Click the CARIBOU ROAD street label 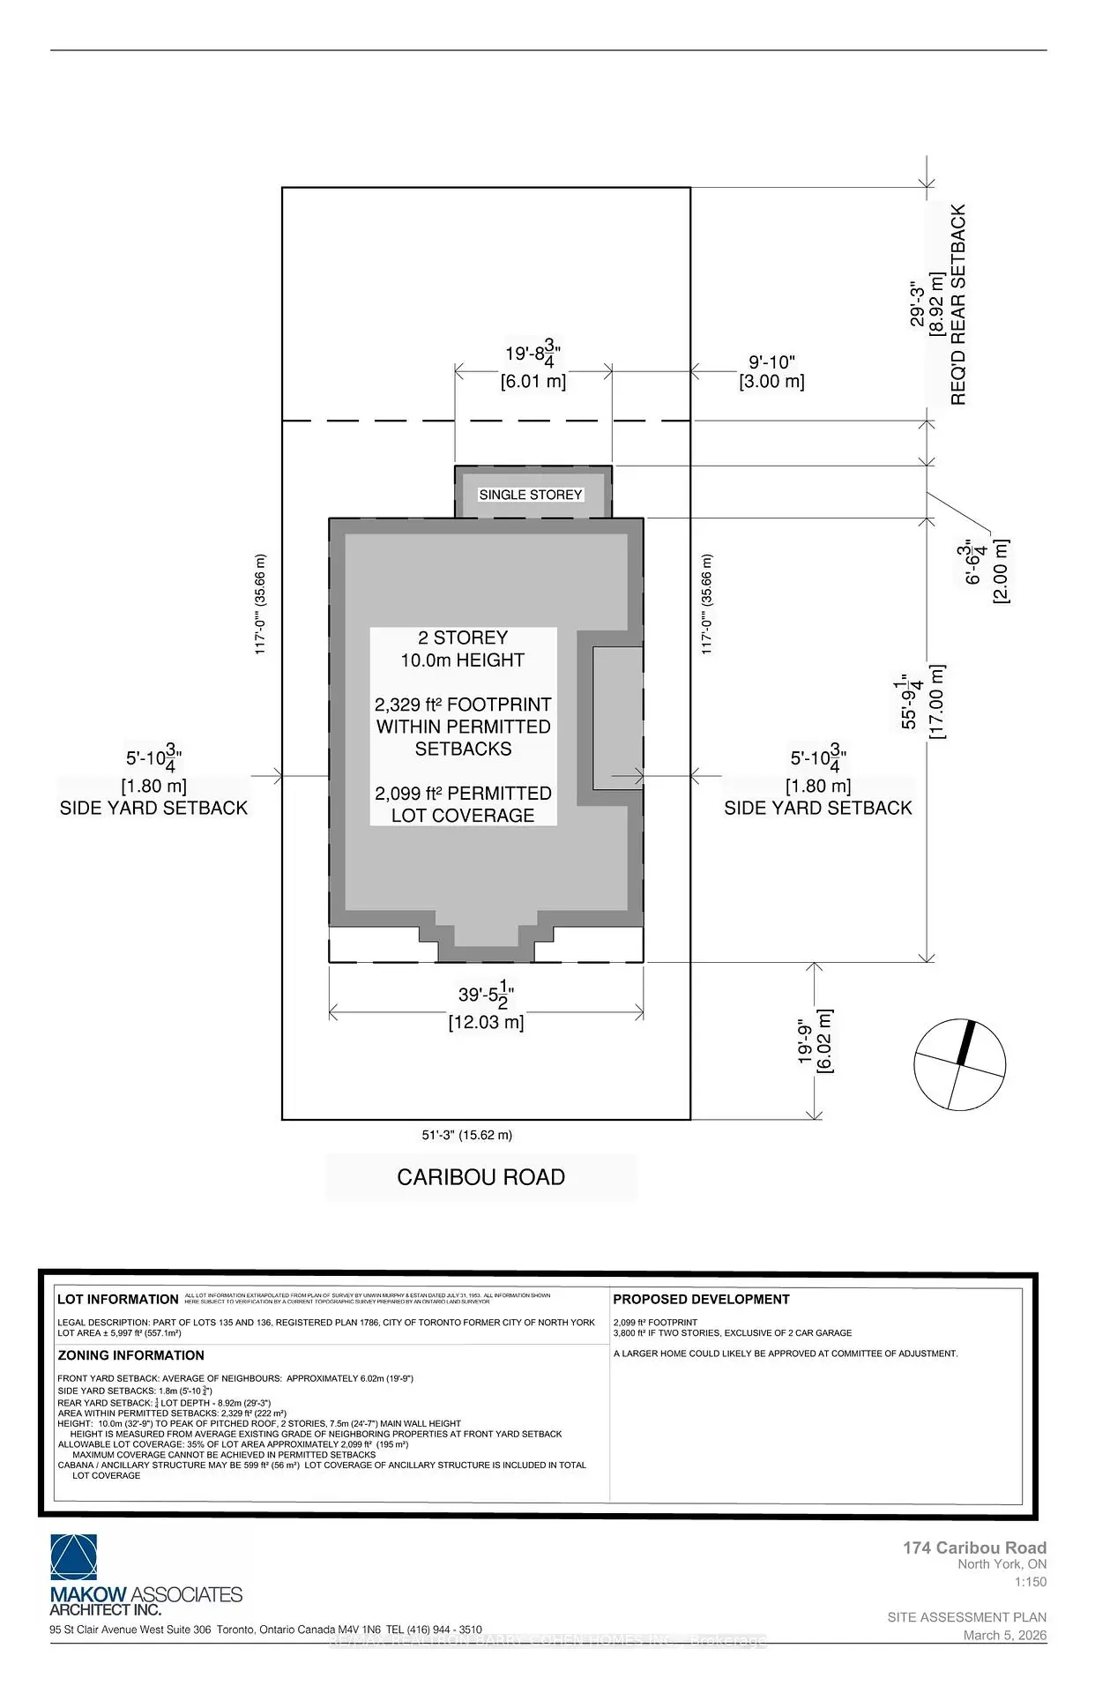(x=480, y=1177)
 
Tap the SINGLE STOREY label (x=531, y=495)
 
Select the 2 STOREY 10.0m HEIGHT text (x=463, y=649)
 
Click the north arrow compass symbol (x=959, y=1064)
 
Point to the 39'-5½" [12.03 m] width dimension (x=486, y=1008)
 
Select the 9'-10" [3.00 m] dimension (x=771, y=372)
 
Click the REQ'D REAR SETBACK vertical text (x=959, y=304)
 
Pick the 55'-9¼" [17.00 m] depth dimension (x=922, y=702)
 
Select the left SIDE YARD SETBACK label (x=154, y=808)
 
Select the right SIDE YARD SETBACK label (x=818, y=808)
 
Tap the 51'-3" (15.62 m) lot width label (x=467, y=1135)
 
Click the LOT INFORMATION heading (x=117, y=1299)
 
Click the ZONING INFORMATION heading (x=130, y=1355)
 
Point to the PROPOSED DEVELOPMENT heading (x=701, y=1299)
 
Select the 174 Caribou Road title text (x=974, y=1548)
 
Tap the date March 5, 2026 (x=1004, y=1635)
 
